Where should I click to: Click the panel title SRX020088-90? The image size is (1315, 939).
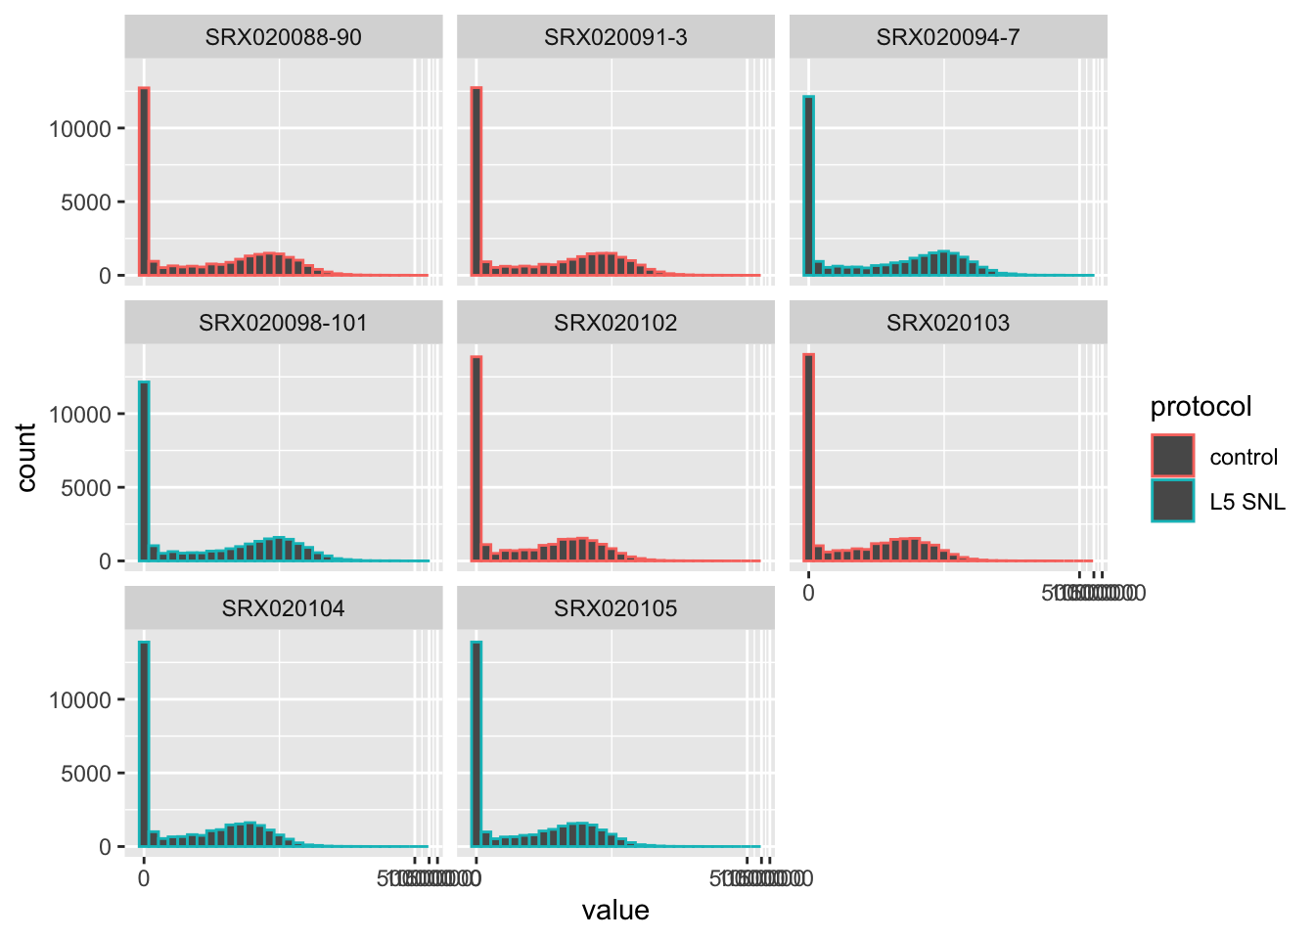pyautogui.click(x=283, y=37)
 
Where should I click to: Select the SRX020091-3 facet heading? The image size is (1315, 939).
pyautogui.click(x=615, y=37)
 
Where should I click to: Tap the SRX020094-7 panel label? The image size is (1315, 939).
pyautogui.click(x=948, y=37)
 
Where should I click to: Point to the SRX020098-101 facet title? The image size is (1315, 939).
pyautogui.click(x=283, y=323)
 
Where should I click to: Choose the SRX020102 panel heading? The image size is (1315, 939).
pyautogui.click(x=615, y=323)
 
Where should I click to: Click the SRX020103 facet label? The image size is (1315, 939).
pyautogui.click(x=948, y=323)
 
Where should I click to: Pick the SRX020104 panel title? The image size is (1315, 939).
pyautogui.click(x=283, y=608)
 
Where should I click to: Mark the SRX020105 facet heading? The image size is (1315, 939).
pyautogui.click(x=615, y=608)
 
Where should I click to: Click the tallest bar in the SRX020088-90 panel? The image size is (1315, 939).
pyautogui.click(x=144, y=182)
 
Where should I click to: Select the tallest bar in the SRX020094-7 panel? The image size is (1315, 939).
pyautogui.click(x=809, y=186)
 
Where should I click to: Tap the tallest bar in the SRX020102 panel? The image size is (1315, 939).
pyautogui.click(x=476, y=459)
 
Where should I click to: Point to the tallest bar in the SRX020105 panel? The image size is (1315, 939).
pyautogui.click(x=476, y=744)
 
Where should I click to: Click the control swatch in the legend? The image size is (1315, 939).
pyautogui.click(x=1172, y=457)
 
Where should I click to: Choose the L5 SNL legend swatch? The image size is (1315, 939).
pyautogui.click(x=1172, y=501)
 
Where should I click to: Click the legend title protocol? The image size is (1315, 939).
pyautogui.click(x=1201, y=407)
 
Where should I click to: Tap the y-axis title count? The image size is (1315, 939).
pyautogui.click(x=26, y=457)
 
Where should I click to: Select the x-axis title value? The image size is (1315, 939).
pyautogui.click(x=615, y=911)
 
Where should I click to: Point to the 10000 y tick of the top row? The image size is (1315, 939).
pyautogui.click(x=80, y=128)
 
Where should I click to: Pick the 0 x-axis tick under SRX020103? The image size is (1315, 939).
pyautogui.click(x=808, y=593)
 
